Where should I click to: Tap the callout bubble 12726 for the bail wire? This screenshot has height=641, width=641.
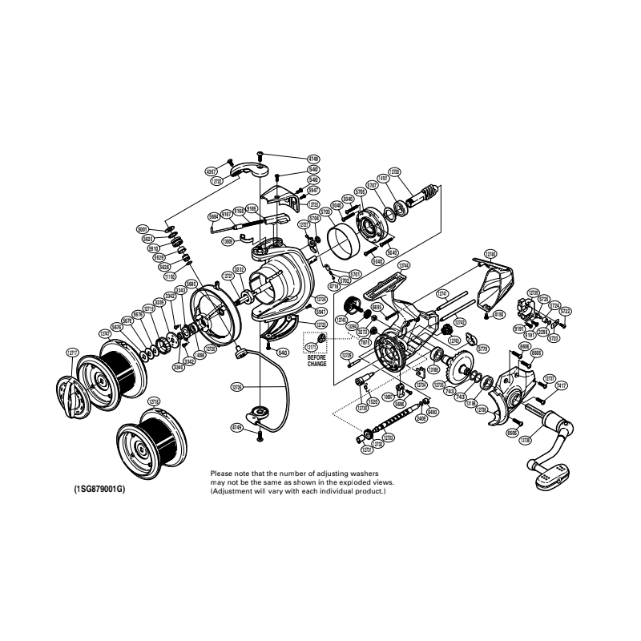tap(236, 385)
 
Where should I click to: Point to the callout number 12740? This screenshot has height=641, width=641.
tap(104, 333)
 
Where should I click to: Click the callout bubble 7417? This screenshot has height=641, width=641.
tap(561, 386)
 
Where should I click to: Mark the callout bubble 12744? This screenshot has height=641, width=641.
tap(405, 264)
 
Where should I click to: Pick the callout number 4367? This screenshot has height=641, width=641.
tap(211, 171)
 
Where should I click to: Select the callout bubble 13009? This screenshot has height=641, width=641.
tap(228, 240)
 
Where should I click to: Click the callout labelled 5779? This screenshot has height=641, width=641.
tap(482, 349)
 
